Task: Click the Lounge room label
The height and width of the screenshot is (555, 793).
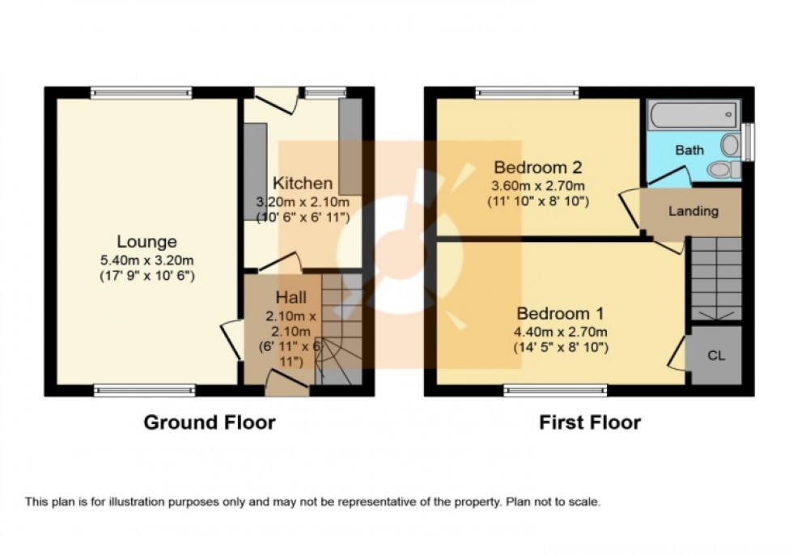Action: click(x=146, y=241)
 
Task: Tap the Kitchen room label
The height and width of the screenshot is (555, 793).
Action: click(x=302, y=183)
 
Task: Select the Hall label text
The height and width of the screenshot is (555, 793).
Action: click(x=290, y=298)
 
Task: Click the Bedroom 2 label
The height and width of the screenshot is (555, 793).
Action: click(x=538, y=168)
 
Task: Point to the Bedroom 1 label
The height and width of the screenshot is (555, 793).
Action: click(x=561, y=313)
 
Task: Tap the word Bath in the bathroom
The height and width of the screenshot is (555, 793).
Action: click(x=689, y=150)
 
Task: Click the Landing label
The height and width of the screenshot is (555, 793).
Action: click(x=693, y=211)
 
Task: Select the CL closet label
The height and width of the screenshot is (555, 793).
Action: click(x=715, y=355)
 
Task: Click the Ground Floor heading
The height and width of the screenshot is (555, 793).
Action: click(x=210, y=422)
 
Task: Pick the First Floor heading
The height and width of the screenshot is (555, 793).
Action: click(x=590, y=422)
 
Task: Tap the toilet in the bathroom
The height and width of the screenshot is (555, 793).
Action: click(x=723, y=169)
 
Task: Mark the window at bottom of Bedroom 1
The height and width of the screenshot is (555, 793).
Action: click(x=555, y=390)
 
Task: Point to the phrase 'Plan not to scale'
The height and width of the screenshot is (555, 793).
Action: click(x=553, y=502)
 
